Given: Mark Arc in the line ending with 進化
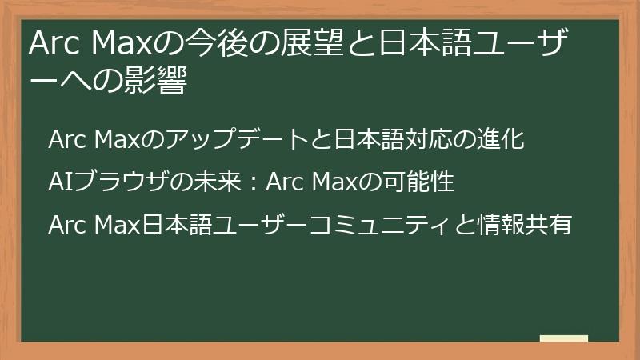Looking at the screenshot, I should [x=68, y=140].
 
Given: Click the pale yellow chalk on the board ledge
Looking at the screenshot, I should [x=564, y=338].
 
